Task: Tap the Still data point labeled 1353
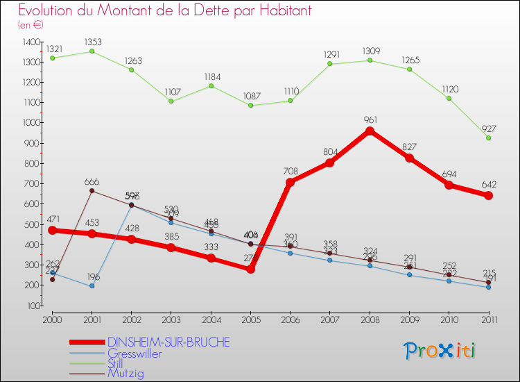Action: click(92, 51)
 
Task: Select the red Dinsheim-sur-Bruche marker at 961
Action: click(370, 131)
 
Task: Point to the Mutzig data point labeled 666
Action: click(92, 191)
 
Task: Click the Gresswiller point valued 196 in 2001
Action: click(92, 286)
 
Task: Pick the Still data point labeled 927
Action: click(489, 138)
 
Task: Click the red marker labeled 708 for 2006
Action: click(291, 182)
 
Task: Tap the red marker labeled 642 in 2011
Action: click(489, 196)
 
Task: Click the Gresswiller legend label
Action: click(135, 354)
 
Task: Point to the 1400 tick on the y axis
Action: click(32, 42)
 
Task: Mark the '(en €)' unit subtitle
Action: click(31, 24)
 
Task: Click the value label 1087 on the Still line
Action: click(250, 95)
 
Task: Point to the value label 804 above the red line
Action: click(330, 151)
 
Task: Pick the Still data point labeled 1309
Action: click(370, 60)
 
